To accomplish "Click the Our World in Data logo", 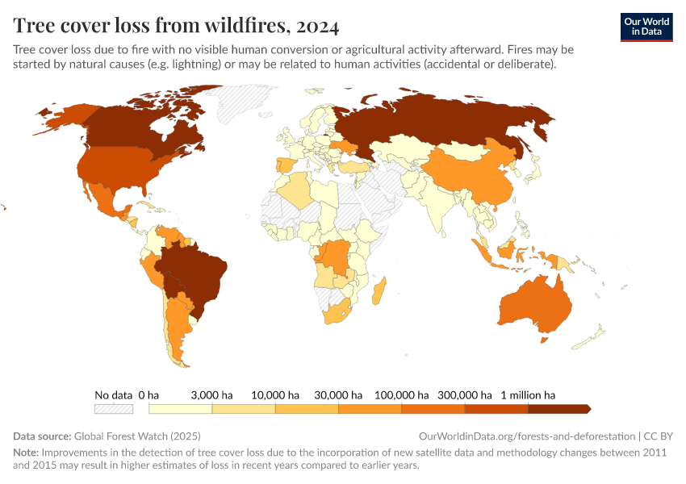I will tap(646, 27).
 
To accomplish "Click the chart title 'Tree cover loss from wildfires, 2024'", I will tap(176, 26).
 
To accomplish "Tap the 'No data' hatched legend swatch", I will tap(113, 409).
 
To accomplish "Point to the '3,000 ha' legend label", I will tap(211, 395).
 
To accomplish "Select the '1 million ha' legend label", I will tap(528, 395).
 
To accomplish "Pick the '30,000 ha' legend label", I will tap(337, 395).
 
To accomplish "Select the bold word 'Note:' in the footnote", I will tap(26, 452).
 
